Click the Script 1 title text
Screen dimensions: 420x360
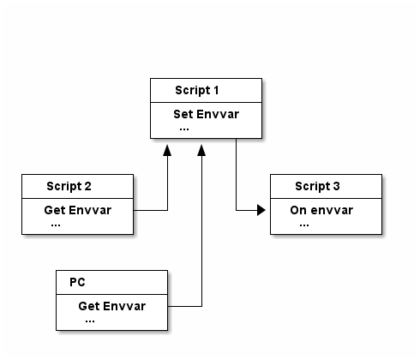point(197,91)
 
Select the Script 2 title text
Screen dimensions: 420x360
point(69,187)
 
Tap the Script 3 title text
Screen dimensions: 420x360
point(317,187)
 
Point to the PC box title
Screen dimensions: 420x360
point(77,282)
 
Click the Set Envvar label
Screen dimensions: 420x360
point(206,114)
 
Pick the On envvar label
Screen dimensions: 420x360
point(321,210)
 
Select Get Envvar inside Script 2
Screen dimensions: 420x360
point(77,210)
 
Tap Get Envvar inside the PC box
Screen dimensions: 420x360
point(111,306)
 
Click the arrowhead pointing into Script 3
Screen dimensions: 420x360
point(261,210)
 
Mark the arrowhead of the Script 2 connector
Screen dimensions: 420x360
point(167,150)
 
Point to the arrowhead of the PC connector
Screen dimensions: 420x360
point(201,150)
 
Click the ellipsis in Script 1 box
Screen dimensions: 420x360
point(184,129)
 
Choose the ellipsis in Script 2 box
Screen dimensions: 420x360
point(56,225)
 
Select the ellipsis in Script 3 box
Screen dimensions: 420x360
point(304,225)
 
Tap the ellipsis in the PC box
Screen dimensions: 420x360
point(90,321)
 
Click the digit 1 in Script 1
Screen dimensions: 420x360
point(216,90)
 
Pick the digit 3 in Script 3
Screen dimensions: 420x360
point(337,186)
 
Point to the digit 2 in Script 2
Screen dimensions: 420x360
point(88,186)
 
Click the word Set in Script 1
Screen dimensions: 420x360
point(183,114)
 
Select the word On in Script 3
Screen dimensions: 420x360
point(298,210)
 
